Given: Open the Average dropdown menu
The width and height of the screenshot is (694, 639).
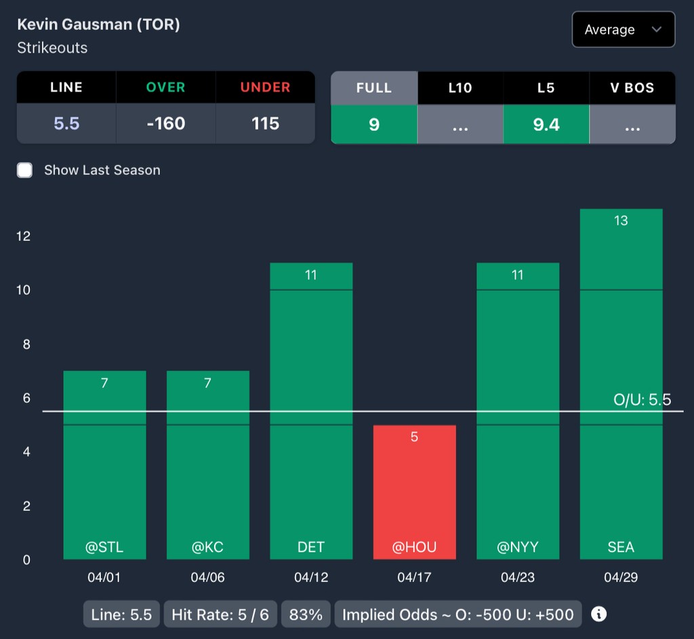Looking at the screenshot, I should (623, 30).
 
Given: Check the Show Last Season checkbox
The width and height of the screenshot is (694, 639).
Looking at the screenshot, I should (25, 170).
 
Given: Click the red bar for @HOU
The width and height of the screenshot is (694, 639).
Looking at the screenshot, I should (414, 492).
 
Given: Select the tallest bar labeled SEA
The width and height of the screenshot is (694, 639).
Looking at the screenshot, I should (621, 383).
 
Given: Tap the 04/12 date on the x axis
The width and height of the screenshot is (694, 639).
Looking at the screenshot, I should (311, 578).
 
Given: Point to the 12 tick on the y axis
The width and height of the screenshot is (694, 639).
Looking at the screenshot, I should (24, 236).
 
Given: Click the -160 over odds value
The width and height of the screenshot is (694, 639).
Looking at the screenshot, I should (166, 123).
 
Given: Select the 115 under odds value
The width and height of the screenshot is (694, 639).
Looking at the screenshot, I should (265, 123).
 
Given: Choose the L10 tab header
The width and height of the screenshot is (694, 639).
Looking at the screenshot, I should (460, 88).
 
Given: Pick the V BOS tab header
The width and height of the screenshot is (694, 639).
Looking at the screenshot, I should (632, 88).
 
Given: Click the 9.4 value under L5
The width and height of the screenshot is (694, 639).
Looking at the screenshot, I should (546, 124).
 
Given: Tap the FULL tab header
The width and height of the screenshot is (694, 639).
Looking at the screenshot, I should (374, 88).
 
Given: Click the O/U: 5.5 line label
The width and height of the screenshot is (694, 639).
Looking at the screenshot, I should (642, 400).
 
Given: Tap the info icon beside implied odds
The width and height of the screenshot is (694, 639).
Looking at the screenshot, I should (598, 615).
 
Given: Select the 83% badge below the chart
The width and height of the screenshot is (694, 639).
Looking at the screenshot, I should (306, 615).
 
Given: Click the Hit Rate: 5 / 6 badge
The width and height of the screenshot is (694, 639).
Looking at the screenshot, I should (220, 615).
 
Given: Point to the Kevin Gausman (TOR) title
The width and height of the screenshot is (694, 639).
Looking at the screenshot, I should (98, 24).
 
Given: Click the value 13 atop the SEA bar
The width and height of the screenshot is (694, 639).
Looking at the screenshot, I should (621, 220).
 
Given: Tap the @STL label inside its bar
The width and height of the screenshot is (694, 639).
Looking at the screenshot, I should (104, 547).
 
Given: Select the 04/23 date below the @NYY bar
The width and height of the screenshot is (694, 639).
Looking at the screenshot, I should (518, 578).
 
